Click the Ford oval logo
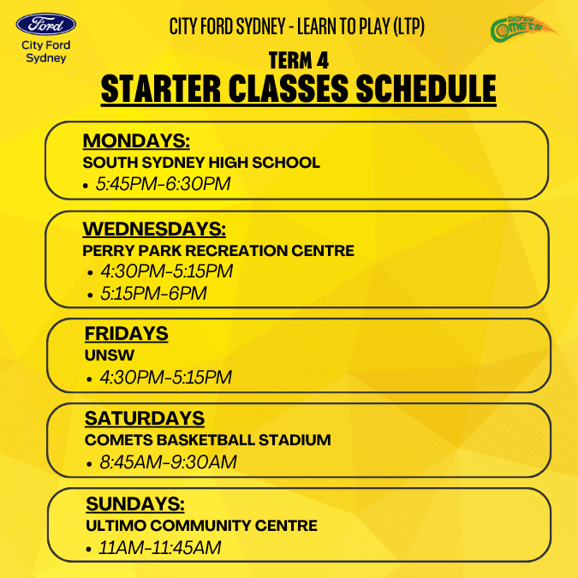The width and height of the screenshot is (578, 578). point(46,24)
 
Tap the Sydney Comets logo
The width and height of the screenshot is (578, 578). point(523,28)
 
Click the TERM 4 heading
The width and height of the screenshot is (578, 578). point(299,61)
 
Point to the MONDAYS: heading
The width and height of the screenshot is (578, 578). point(136,140)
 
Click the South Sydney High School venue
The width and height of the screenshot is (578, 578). point(201,163)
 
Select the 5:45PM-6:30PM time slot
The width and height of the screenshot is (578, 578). point(163,183)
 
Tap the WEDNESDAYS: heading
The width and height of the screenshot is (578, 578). point(154,229)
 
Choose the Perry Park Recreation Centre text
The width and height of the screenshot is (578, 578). point(218,251)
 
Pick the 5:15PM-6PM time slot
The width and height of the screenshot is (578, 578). point(153,294)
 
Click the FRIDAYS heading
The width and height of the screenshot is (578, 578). point(127,334)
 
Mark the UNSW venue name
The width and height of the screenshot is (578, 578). point(110,355)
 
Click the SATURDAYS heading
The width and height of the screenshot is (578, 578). point(145,419)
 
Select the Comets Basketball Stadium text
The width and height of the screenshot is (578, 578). point(208,440)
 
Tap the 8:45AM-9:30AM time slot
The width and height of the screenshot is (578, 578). point(168,462)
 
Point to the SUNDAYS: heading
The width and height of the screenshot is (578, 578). point(135,504)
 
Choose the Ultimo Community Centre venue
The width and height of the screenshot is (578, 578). point(201,526)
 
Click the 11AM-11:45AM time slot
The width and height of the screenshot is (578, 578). point(160,547)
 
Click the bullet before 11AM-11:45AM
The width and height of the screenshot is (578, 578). point(88,550)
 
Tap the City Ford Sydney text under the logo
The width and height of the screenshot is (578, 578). point(46,51)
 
